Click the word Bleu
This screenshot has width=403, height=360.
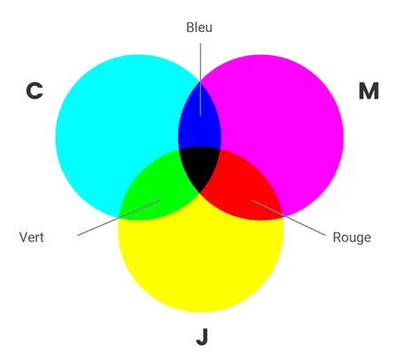(x=199, y=27)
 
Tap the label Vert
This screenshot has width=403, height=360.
(x=32, y=238)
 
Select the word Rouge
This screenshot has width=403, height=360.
(x=352, y=238)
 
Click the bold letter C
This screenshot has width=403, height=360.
(x=35, y=90)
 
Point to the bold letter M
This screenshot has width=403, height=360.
(x=368, y=91)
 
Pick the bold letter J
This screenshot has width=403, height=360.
(x=202, y=337)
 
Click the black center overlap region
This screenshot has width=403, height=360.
(x=199, y=167)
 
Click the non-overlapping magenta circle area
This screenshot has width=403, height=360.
(x=281, y=118)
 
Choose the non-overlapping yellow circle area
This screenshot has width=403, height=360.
(x=201, y=260)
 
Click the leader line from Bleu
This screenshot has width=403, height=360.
(x=200, y=80)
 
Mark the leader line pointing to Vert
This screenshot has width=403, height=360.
(x=119, y=218)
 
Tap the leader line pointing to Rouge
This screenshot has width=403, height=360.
(x=289, y=218)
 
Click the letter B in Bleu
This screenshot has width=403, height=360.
(x=190, y=27)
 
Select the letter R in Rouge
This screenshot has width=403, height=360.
(x=337, y=238)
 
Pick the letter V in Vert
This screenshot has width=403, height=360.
(x=24, y=238)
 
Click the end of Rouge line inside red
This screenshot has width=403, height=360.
(x=252, y=200)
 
